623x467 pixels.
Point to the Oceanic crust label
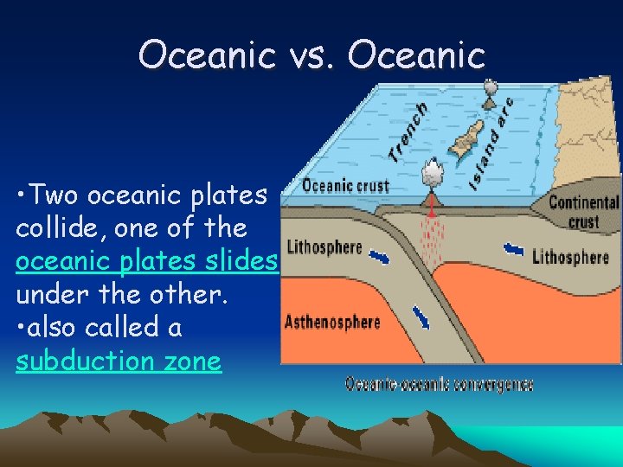[x=334, y=186]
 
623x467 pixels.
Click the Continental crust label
[x=584, y=212]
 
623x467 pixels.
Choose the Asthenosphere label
[x=332, y=323]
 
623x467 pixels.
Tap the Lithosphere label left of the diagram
[x=324, y=246]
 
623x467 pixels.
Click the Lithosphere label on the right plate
[x=570, y=257]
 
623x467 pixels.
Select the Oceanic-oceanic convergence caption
[x=439, y=384]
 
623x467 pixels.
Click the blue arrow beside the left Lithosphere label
[x=379, y=257]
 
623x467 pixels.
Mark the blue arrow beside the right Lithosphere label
[x=514, y=250]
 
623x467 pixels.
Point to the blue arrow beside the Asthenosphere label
[x=421, y=317]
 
